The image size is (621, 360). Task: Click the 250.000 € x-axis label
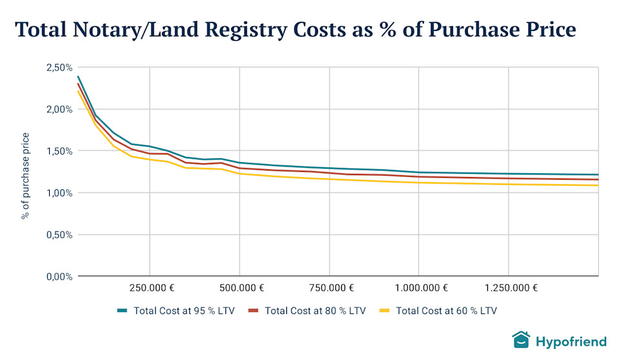click(x=149, y=288)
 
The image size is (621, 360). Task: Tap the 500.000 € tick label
click(x=239, y=288)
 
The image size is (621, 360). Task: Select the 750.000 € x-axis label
click(x=329, y=288)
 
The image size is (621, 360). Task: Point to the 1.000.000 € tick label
click(x=419, y=288)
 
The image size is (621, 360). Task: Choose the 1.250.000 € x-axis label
click(x=509, y=288)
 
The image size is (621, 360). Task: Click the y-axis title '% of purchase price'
click(x=26, y=175)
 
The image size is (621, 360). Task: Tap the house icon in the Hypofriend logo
click(x=521, y=340)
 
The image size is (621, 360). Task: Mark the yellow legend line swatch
click(x=384, y=311)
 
